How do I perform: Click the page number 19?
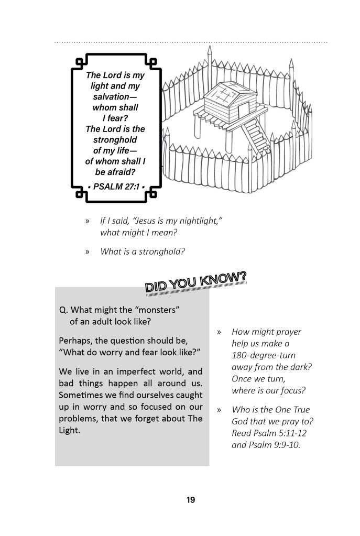point(190,500)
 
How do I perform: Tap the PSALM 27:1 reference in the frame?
point(116,185)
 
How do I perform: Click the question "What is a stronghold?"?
point(143,251)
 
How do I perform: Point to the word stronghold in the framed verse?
point(115,140)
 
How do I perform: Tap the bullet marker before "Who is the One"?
point(220,409)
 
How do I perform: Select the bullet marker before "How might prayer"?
point(220,332)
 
